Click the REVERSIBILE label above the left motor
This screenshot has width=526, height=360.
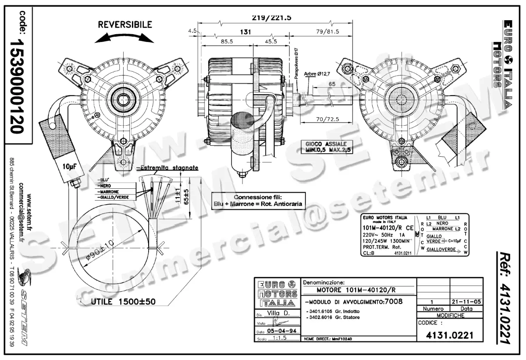[125, 25]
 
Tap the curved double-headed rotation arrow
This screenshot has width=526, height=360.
[125, 39]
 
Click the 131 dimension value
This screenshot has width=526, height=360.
[246, 32]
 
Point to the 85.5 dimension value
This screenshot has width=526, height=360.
[227, 42]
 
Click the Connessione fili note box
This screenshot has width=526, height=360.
[258, 201]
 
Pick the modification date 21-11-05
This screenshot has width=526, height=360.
[466, 301]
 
